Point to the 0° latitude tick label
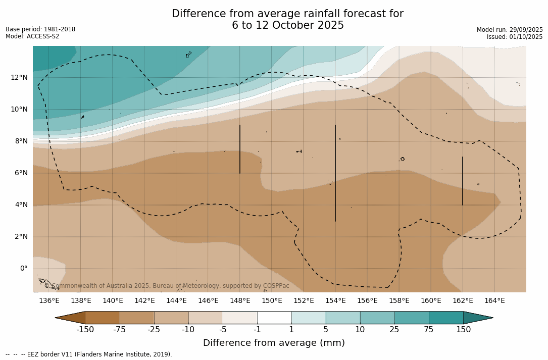(23, 269)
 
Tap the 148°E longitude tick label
(240, 301)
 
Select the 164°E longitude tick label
(494, 301)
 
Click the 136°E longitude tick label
(49, 301)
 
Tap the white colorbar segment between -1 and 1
(274, 318)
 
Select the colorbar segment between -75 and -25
(137, 318)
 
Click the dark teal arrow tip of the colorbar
(478, 318)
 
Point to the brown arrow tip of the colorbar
(70, 318)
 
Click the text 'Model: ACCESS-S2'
(32, 36)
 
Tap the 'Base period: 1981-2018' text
(40, 29)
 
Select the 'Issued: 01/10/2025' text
(515, 37)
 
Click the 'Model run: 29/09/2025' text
(510, 30)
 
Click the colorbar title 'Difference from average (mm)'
(274, 343)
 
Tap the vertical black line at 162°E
(463, 181)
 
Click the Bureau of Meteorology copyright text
(167, 286)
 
